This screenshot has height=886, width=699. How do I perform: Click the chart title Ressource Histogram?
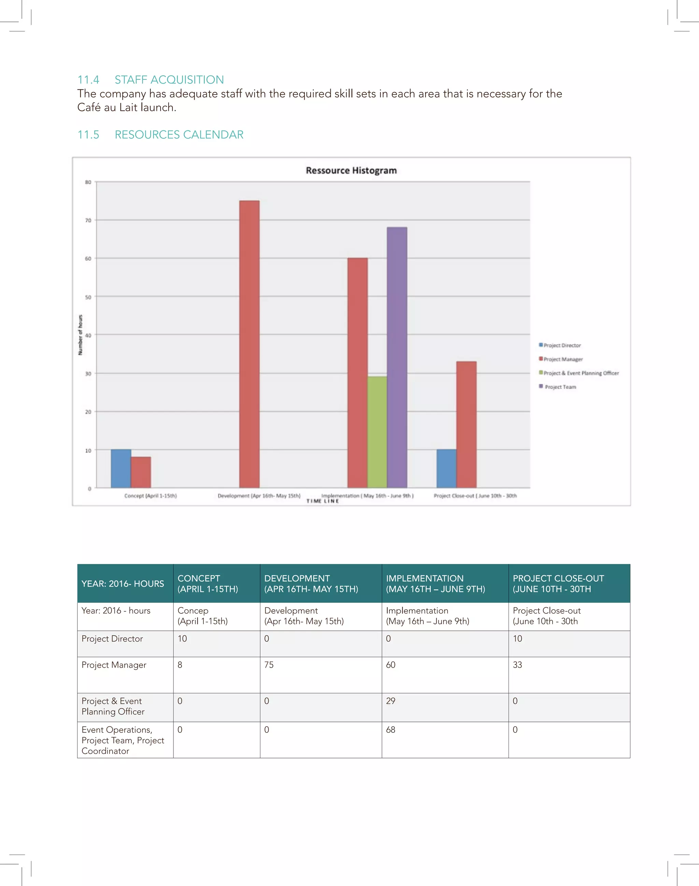pyautogui.click(x=351, y=171)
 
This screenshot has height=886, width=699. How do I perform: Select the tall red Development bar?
pyautogui.click(x=249, y=344)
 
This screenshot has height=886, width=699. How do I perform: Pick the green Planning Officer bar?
pyautogui.click(x=377, y=432)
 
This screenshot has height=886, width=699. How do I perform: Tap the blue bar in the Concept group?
pyautogui.click(x=121, y=468)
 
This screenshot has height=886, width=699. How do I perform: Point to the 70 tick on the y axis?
pyautogui.click(x=88, y=220)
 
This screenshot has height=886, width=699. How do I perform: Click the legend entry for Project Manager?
pyautogui.click(x=563, y=359)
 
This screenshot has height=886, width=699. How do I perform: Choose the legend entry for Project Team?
pyautogui.click(x=560, y=387)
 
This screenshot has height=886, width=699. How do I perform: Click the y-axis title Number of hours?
pyautogui.click(x=80, y=335)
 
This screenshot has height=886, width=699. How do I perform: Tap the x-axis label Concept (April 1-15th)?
pyautogui.click(x=150, y=496)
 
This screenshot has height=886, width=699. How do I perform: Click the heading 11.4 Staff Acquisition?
pyautogui.click(x=151, y=79)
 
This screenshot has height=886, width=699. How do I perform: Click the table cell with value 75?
pyautogui.click(x=269, y=665)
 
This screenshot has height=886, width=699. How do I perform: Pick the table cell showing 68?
pyautogui.click(x=391, y=729)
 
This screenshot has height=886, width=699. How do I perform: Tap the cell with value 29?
pyautogui.click(x=391, y=701)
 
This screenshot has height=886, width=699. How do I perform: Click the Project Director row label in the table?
pyautogui.click(x=112, y=639)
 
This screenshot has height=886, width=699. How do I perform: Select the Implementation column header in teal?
pyautogui.click(x=436, y=583)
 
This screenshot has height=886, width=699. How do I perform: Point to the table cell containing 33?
pyautogui.click(x=517, y=665)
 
